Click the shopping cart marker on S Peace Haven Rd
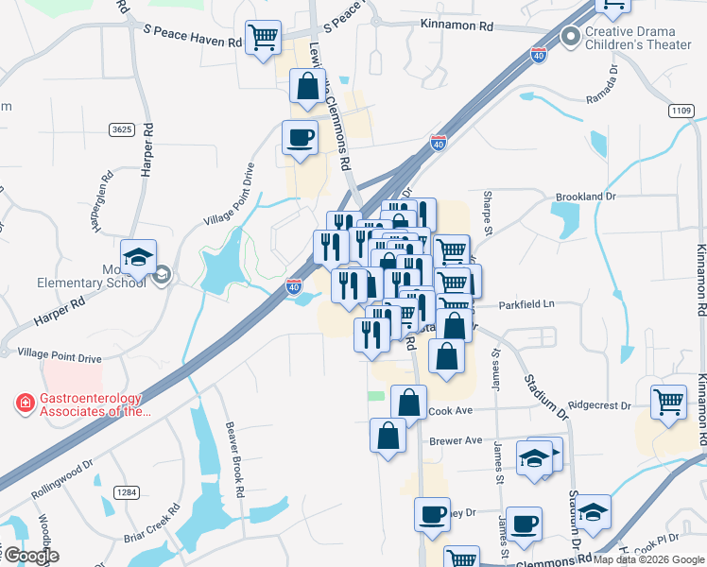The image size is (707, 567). click(x=263, y=39)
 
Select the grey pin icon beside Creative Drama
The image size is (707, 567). click(x=570, y=38)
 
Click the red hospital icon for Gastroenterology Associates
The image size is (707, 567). click(x=24, y=404)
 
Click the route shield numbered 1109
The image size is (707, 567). click(x=681, y=112)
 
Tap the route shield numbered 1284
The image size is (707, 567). click(x=125, y=492)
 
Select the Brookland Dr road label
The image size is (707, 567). click(x=586, y=197)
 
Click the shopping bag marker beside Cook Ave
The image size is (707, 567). click(x=408, y=401)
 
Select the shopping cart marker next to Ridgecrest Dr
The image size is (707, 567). click(x=668, y=402)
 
